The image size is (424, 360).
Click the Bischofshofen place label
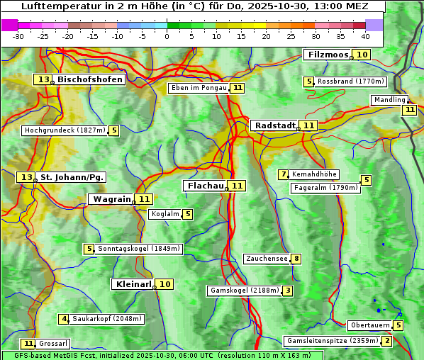point(90,80)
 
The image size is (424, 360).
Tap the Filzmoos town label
point(328,55)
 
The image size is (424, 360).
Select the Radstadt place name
point(275,125)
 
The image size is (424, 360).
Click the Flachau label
point(205,186)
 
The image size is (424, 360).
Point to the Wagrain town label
point(112,199)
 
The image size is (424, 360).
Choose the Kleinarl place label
point(133,284)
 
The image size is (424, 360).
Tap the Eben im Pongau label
point(199,88)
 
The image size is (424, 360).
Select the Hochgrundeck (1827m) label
point(65,130)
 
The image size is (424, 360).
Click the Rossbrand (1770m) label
point(351,81)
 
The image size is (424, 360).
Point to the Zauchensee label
point(267,259)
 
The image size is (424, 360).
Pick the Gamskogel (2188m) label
point(245,291)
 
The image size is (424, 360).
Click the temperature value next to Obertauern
point(398,325)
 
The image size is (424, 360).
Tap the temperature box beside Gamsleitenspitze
point(386,341)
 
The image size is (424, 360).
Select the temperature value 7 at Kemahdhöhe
point(284,174)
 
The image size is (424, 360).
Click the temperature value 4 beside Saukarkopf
point(64,319)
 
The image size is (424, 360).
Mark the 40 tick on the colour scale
point(365,35)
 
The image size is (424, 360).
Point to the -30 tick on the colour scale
point(18,35)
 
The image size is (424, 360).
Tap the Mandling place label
point(389,101)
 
